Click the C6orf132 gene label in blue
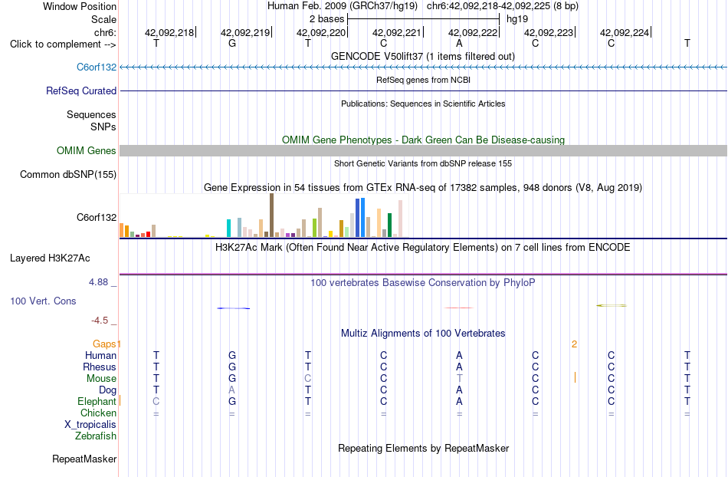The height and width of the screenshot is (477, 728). click(97, 67)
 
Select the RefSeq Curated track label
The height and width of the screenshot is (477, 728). click(81, 90)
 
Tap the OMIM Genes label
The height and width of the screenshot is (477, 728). click(87, 150)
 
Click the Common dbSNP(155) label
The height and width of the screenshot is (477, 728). click(68, 174)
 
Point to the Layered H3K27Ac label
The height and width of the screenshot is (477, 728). click(50, 258)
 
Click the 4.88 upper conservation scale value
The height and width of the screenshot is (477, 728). click(98, 282)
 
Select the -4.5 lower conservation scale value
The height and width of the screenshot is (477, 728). click(100, 320)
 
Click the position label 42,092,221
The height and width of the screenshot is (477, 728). click(396, 32)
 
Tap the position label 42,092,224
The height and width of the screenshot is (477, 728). click(624, 32)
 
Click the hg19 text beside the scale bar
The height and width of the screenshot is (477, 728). click(517, 19)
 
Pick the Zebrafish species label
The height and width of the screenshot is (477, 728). click(96, 436)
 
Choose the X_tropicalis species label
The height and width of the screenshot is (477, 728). click(90, 424)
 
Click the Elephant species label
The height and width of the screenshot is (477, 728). click(97, 401)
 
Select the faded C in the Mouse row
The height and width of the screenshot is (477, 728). click(308, 379)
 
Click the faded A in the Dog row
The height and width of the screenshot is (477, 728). click(231, 390)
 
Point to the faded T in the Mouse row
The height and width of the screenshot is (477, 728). click(459, 379)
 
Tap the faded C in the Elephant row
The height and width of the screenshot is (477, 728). click(156, 401)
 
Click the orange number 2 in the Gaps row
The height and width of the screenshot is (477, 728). click(574, 344)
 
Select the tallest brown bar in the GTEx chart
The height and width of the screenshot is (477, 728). click(271, 215)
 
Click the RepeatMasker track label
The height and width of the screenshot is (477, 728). click(84, 459)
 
